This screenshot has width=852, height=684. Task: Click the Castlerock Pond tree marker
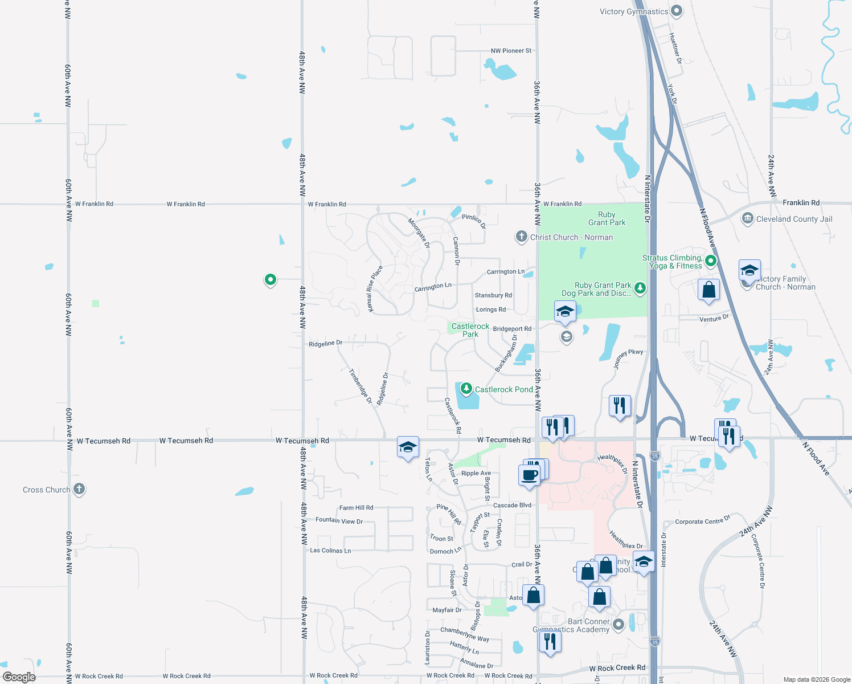click(x=466, y=389)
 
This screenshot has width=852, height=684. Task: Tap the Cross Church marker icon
click(x=79, y=489)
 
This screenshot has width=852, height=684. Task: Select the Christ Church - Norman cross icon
click(x=521, y=237)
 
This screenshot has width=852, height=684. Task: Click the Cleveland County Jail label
click(x=794, y=219)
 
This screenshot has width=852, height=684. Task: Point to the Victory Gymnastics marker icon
click(x=677, y=10)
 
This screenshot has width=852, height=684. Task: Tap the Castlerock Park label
click(x=470, y=330)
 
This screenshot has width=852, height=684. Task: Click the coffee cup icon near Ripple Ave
click(x=530, y=475)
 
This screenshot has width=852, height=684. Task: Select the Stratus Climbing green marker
click(x=710, y=261)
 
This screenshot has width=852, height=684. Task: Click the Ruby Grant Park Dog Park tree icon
click(x=640, y=288)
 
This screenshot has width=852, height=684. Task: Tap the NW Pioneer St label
click(x=511, y=51)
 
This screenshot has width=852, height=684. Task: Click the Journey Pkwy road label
click(x=629, y=359)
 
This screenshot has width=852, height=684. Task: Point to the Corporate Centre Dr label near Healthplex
click(x=702, y=520)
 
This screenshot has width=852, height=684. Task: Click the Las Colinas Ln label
click(x=330, y=551)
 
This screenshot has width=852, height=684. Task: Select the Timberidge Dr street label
click(x=361, y=386)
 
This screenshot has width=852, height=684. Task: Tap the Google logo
click(x=19, y=677)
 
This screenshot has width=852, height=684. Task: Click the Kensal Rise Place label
click(x=374, y=289)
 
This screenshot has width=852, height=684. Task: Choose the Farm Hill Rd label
click(x=356, y=507)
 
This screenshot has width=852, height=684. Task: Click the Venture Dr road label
click(x=714, y=318)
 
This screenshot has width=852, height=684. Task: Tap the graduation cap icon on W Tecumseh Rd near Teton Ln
click(x=408, y=447)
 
